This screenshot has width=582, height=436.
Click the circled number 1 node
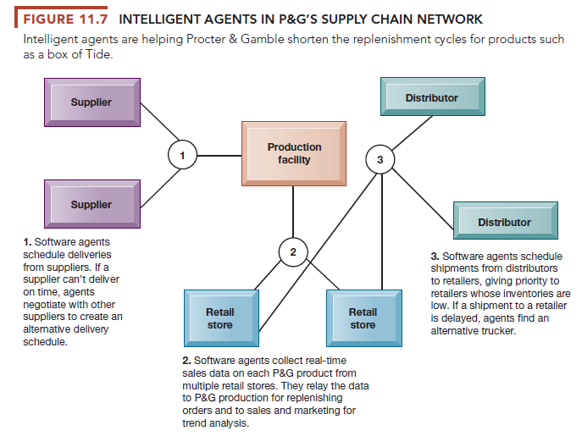tap(181, 155)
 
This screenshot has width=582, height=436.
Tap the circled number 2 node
tap(293, 251)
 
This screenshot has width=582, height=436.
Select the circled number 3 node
tap(380, 159)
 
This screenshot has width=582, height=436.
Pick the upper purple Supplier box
tap(91, 102)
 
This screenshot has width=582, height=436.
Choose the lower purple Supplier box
tap(91, 204)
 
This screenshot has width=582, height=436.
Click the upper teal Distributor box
tap(431, 98)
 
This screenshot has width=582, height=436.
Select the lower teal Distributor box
tap(504, 222)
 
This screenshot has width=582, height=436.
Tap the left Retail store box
tap(219, 318)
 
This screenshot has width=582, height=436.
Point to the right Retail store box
tap(363, 318)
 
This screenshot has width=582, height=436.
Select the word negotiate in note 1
tap(48, 303)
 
